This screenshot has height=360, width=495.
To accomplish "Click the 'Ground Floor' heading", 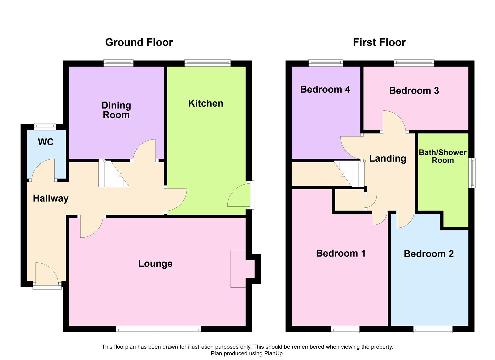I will (x=139, y=42).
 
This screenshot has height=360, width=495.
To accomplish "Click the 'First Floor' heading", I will (x=379, y=42).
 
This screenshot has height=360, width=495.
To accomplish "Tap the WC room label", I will (x=46, y=142).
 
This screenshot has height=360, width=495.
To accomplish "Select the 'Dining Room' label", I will (x=116, y=110).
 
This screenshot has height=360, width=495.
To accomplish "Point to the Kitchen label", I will (x=206, y=103).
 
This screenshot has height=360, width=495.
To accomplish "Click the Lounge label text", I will (x=155, y=264).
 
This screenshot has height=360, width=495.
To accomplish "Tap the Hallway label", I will (x=51, y=198).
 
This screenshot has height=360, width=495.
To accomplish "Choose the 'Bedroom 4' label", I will (x=325, y=89).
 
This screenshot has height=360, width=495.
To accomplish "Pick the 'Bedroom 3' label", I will (x=414, y=91).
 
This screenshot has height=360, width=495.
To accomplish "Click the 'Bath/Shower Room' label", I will (x=443, y=156).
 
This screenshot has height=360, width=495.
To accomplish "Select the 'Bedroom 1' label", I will (x=341, y=253).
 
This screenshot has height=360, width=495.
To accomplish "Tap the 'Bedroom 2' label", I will (x=429, y=254).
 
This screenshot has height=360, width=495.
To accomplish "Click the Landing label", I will (x=388, y=158).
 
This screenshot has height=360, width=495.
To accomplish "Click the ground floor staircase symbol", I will (x=113, y=174).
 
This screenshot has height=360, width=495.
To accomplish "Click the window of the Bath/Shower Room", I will (x=472, y=173).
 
